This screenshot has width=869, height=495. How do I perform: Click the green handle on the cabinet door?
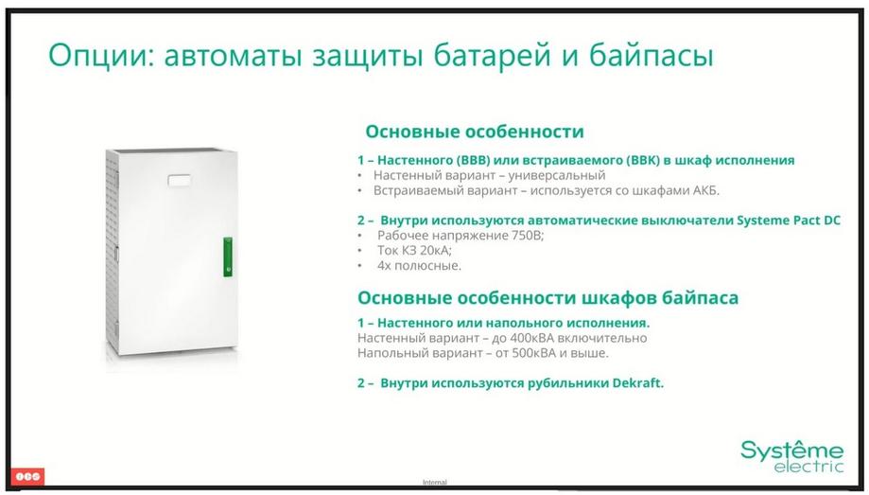pyautogui.click(x=228, y=256)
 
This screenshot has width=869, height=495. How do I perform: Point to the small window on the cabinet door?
pyautogui.click(x=179, y=181)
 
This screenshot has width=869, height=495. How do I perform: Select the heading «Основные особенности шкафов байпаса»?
pyautogui.click(x=547, y=298)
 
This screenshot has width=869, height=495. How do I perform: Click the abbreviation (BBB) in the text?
pyautogui.click(x=471, y=160)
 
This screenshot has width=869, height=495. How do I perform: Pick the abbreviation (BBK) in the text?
pyautogui.click(x=643, y=160)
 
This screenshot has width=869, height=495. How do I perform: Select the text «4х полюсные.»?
pyautogui.click(x=419, y=265)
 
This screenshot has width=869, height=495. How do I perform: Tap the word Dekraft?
pyautogui.click(x=638, y=383)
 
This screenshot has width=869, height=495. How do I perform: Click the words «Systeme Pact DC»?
pyautogui.click(x=788, y=221)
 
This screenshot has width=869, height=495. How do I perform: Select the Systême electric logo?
pyautogui.click(x=792, y=456)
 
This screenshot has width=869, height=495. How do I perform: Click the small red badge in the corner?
pyautogui.click(x=27, y=476)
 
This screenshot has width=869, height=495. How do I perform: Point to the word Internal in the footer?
pyautogui.click(x=435, y=483)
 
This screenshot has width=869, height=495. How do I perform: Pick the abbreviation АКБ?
pyautogui.click(x=706, y=190)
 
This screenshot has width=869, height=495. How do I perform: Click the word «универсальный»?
pyautogui.click(x=557, y=176)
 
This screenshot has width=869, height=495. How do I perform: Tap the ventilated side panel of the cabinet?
pyautogui.click(x=113, y=250)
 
